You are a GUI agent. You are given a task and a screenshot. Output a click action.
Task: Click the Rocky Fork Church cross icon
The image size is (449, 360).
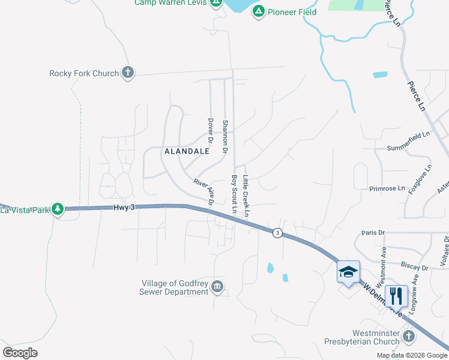pos(127,73)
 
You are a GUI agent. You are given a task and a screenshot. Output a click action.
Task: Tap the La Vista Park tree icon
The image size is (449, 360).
pos(58,209)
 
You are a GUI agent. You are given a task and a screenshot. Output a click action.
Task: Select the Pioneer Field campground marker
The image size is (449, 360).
pos(258,11)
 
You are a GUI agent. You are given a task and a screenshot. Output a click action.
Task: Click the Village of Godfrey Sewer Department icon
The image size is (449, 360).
pos(217,288)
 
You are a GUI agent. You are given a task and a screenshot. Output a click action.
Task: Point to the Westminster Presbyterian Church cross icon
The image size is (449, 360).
pos(409,336)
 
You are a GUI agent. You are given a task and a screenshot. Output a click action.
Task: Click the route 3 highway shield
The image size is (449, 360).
pos(277,233)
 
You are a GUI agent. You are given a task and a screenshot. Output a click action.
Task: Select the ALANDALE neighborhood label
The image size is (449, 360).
pos(187,152)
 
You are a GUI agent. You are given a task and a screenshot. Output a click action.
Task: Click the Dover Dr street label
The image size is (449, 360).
pos(211,130)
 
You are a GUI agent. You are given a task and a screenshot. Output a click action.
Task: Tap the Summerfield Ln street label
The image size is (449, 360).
pos(409,148)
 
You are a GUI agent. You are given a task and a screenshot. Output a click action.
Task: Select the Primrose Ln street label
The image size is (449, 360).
pos(387,188)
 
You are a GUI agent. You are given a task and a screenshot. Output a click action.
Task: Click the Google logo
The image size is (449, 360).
pos(20,353)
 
